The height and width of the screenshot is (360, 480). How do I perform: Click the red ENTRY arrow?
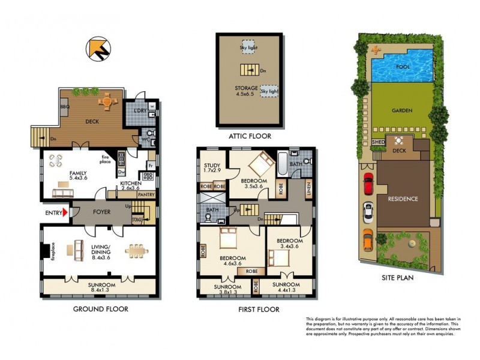tap(65, 211)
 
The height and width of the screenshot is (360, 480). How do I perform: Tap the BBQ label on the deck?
tap(65, 107)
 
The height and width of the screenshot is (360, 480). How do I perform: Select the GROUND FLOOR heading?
tap(101, 309)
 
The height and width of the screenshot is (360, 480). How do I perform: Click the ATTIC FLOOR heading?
tap(250, 136)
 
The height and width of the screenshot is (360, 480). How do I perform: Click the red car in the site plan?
tap(368, 182)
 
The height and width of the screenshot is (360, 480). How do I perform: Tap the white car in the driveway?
tap(368, 212)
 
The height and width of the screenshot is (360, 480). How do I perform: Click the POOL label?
tap(404, 67)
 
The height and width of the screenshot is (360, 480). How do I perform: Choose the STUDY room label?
tap(212, 166)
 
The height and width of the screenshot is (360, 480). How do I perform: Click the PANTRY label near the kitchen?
tap(147, 194)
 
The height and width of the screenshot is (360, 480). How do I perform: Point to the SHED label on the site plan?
tap(379, 142)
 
